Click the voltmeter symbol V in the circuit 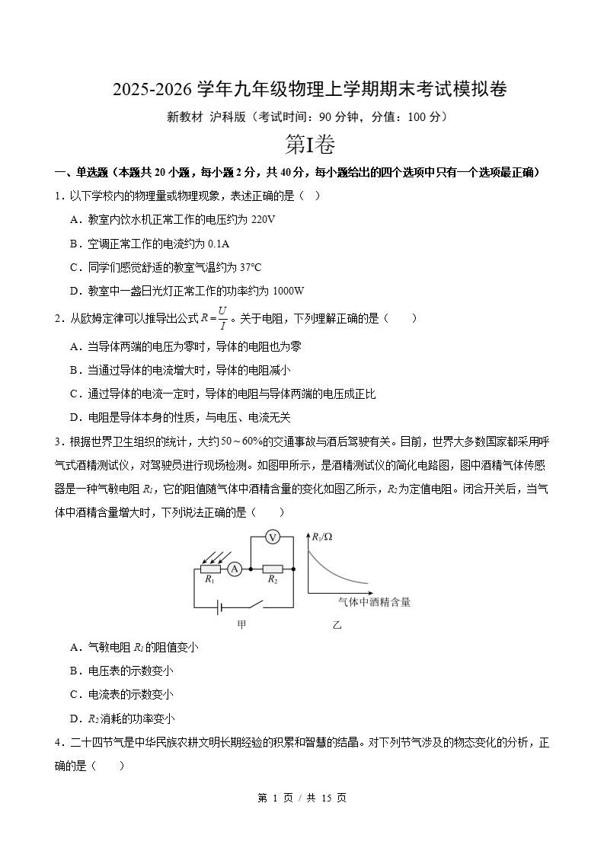273,537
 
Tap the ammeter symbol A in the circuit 235,569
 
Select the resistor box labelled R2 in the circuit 272,569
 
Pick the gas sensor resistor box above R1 210,569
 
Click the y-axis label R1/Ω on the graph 322,537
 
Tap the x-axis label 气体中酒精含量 374,601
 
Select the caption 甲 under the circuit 241,625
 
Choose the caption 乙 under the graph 337,625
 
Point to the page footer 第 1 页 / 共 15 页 302,797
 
